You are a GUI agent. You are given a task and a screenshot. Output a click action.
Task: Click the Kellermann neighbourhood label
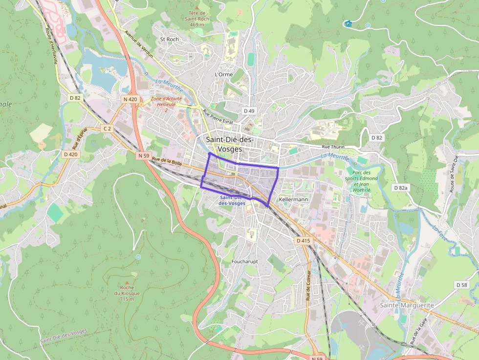click(293, 200)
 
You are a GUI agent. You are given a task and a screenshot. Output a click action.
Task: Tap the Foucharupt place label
click(244, 262)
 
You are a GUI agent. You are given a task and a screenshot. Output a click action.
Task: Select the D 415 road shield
click(303, 241)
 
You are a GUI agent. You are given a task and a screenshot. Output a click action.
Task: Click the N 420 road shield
click(131, 99)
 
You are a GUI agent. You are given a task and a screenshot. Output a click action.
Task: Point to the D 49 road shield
click(249, 111)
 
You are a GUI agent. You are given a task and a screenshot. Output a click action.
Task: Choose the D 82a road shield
click(401, 188)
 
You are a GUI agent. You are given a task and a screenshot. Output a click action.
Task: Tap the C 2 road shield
click(108, 128)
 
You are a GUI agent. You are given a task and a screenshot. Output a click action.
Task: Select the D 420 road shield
click(71, 154)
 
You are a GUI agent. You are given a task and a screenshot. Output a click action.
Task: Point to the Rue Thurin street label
click(333, 147)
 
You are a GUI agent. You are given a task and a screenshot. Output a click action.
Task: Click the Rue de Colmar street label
click(308, 286)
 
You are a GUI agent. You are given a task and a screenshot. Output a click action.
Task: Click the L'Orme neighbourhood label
click(224, 74)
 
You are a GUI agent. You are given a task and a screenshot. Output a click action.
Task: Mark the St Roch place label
click(170, 39)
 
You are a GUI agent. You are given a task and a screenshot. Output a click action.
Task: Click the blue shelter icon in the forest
click(348, 23)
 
